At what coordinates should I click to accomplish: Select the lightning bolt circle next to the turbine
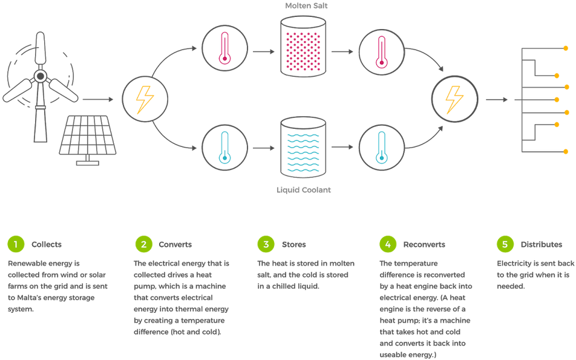point(145,100)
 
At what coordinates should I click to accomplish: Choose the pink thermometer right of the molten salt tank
point(381,51)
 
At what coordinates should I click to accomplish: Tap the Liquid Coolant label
point(304,190)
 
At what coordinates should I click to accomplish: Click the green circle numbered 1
point(16,244)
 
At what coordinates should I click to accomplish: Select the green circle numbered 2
point(143,244)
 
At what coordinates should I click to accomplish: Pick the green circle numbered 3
point(266,244)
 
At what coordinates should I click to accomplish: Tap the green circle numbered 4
point(388,244)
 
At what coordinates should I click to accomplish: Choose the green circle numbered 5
point(505,244)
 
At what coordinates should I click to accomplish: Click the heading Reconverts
point(424,245)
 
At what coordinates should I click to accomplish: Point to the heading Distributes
point(542,245)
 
